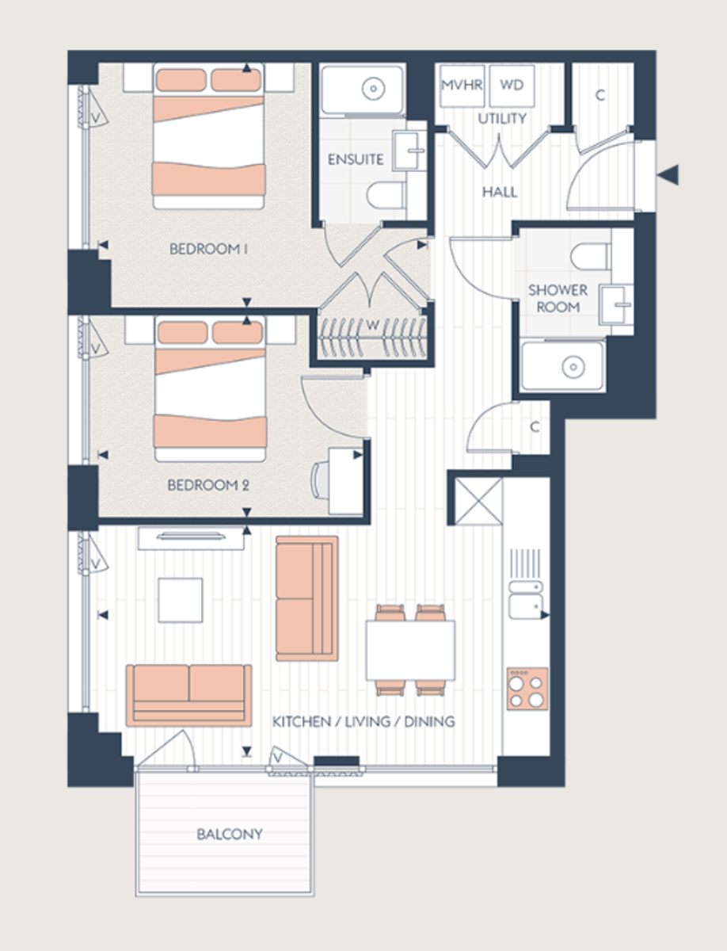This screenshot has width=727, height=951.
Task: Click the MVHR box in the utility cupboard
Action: tap(461, 86)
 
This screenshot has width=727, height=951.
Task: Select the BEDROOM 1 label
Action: tap(209, 249)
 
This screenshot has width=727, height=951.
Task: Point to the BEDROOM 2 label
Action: tap(207, 484)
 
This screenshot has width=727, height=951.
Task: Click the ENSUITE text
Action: tap(356, 159)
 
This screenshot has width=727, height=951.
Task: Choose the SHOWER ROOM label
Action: tap(558, 299)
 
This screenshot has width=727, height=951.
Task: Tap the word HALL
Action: tap(500, 192)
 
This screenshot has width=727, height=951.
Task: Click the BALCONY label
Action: tap(229, 835)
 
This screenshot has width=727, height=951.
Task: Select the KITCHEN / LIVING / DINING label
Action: tap(363, 722)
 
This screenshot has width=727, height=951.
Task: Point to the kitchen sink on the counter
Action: tap(524, 601)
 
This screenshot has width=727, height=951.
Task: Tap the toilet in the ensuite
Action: tap(387, 197)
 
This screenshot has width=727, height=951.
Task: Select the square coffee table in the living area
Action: tap(180, 600)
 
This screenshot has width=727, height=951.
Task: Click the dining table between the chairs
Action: tap(409, 650)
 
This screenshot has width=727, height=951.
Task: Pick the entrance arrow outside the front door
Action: tap(670, 175)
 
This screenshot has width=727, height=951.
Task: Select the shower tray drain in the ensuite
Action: tap(373, 89)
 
